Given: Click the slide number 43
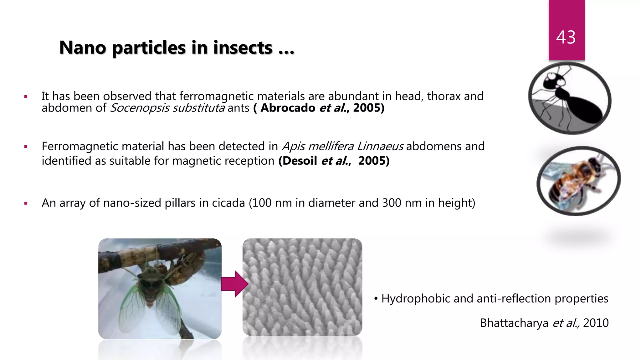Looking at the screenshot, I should tap(566, 37).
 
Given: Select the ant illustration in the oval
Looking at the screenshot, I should tap(569, 98).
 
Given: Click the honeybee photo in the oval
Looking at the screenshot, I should tap(578, 181).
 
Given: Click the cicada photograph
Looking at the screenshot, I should tap(160, 288).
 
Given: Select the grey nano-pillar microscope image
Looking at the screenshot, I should tap(302, 287).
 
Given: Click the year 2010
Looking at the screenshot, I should tap(596, 323).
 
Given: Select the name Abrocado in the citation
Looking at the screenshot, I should tap(288, 108).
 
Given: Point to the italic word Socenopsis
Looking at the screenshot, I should tap(140, 108).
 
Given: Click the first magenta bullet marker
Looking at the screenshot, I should tap(26, 97).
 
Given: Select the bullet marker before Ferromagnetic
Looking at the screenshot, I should tap(26, 147).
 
